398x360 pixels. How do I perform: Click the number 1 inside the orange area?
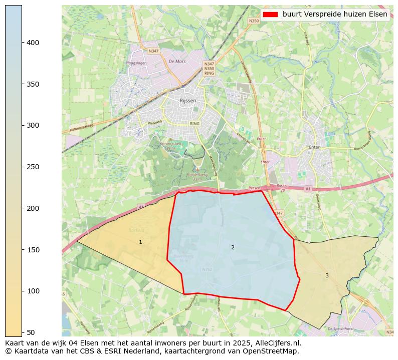(140, 242)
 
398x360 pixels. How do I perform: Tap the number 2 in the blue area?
(233, 248)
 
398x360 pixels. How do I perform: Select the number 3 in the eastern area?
(327, 275)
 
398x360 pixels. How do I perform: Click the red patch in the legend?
(270, 14)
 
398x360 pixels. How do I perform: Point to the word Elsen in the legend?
(378, 14)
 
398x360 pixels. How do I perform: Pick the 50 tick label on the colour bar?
(31, 332)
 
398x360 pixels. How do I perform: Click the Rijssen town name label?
(187, 101)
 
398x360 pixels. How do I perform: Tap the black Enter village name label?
(314, 147)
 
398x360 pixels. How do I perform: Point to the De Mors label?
(177, 62)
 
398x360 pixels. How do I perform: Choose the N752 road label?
(207, 269)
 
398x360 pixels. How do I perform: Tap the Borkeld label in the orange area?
(136, 230)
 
